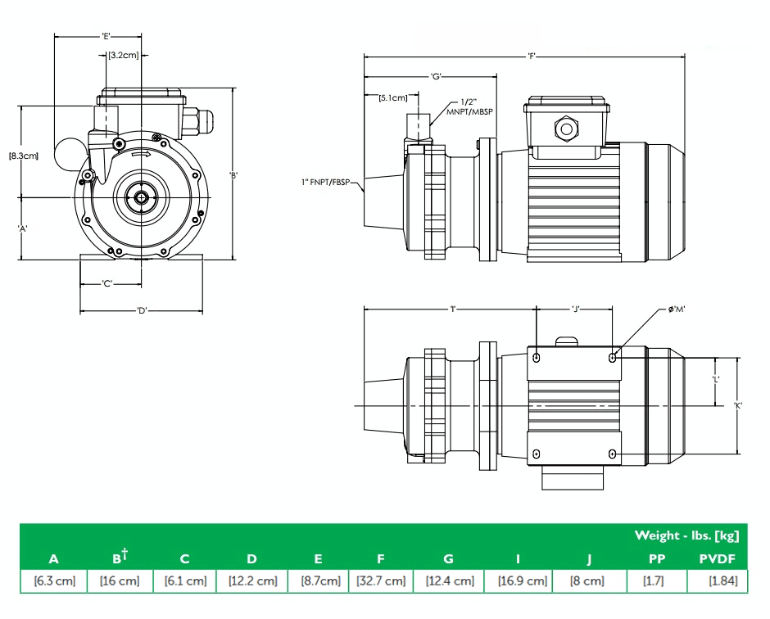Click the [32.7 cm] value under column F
click(380, 581)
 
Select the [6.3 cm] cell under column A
click(54, 581)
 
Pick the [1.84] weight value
click(721, 581)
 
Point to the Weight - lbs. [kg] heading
click(686, 535)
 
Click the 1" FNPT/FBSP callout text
click(328, 183)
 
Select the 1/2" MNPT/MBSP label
click(470, 107)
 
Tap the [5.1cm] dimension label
click(393, 98)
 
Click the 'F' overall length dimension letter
click(532, 56)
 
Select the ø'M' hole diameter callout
click(677, 309)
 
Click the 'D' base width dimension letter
click(141, 310)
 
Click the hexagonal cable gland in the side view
click(566, 129)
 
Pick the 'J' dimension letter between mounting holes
click(575, 309)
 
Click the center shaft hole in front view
click(141, 197)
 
